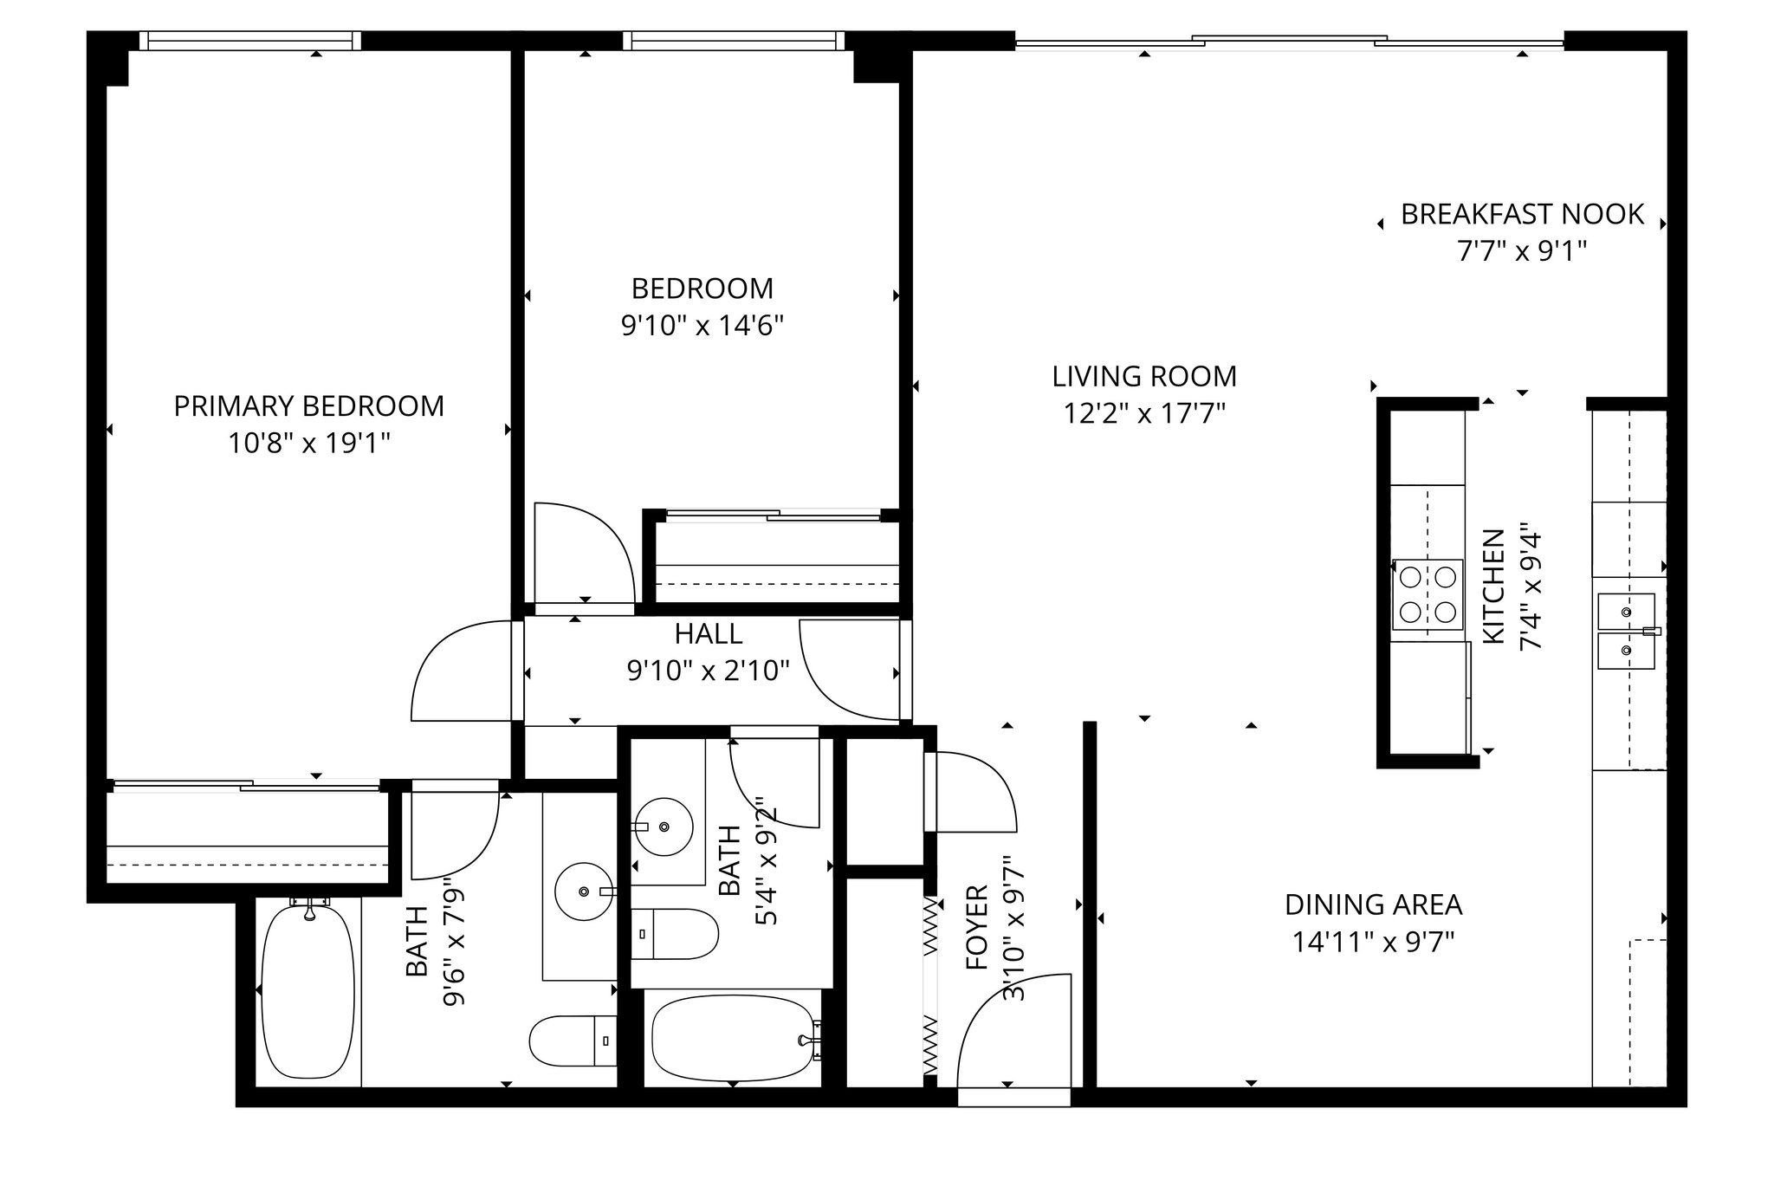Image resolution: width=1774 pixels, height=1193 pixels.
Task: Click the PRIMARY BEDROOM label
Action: click(308, 406)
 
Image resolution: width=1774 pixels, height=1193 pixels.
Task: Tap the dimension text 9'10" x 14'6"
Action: click(702, 327)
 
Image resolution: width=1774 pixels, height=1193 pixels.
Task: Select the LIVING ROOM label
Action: click(1143, 377)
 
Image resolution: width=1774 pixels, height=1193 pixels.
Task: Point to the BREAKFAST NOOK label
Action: click(1522, 215)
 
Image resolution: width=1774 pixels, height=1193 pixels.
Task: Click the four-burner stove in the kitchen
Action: click(1428, 594)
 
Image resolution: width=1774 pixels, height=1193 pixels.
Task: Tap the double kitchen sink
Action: click(1626, 631)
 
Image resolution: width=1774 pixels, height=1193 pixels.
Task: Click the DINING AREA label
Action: click(1373, 905)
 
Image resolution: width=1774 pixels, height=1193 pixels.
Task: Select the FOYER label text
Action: click(976, 927)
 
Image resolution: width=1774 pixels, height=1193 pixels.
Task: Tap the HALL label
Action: click(708, 634)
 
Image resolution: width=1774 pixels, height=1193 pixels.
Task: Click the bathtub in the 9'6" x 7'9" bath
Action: click(308, 988)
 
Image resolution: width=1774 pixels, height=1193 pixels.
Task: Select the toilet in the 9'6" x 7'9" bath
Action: click(572, 1041)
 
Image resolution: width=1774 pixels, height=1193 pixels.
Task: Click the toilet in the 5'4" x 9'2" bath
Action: click(675, 934)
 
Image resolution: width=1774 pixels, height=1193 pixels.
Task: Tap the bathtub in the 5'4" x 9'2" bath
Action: click(732, 1038)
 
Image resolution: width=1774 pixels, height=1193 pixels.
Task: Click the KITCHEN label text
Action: click(1494, 587)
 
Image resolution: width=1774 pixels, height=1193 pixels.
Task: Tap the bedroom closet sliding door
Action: click(771, 516)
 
